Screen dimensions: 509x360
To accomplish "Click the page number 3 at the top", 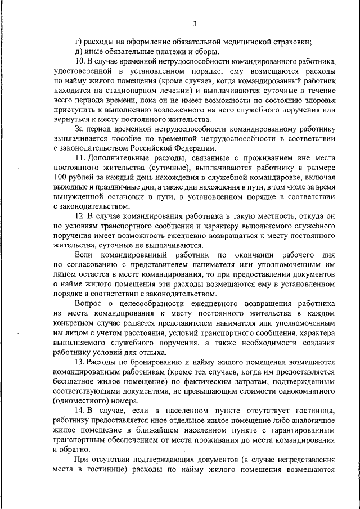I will point(195,24).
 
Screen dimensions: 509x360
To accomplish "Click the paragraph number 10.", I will point(79,60).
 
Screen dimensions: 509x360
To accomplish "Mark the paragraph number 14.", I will point(79,411).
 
